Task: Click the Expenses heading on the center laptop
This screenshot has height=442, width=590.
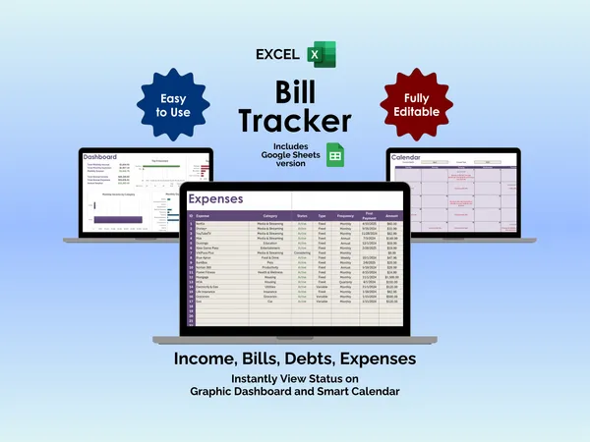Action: click(x=216, y=199)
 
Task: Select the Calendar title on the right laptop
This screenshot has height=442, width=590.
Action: click(x=407, y=157)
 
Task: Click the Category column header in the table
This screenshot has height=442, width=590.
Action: click(x=269, y=215)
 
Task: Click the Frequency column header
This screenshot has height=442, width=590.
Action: click(x=345, y=215)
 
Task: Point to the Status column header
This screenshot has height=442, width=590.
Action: click(x=302, y=215)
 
